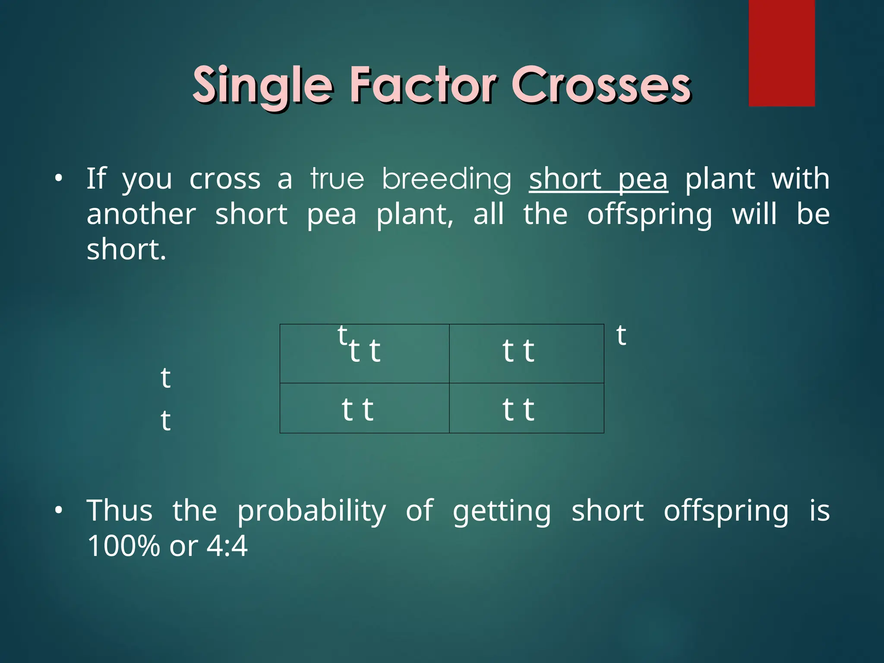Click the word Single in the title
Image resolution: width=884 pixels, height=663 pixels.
(x=262, y=85)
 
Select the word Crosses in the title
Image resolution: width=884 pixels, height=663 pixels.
(x=601, y=85)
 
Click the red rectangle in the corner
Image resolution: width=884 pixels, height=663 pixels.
(x=781, y=53)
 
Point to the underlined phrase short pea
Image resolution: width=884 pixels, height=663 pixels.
(x=598, y=179)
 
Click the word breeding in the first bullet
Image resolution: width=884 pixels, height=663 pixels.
(x=446, y=179)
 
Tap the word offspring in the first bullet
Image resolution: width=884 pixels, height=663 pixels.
(x=650, y=215)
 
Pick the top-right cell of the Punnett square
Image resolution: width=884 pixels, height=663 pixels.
(x=526, y=353)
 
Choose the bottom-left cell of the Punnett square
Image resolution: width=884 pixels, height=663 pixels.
(x=364, y=408)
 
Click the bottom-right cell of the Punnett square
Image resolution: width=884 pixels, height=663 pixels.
(x=526, y=408)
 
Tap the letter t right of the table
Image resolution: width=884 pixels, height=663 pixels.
(x=621, y=335)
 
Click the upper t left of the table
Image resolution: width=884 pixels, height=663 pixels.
(x=165, y=378)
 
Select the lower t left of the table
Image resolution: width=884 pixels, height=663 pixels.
(x=165, y=420)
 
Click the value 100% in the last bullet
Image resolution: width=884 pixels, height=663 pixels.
(x=123, y=546)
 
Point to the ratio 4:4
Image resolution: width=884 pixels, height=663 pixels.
(x=227, y=546)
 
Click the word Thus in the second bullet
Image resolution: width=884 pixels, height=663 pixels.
(x=120, y=511)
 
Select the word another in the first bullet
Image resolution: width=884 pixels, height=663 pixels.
(x=141, y=215)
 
